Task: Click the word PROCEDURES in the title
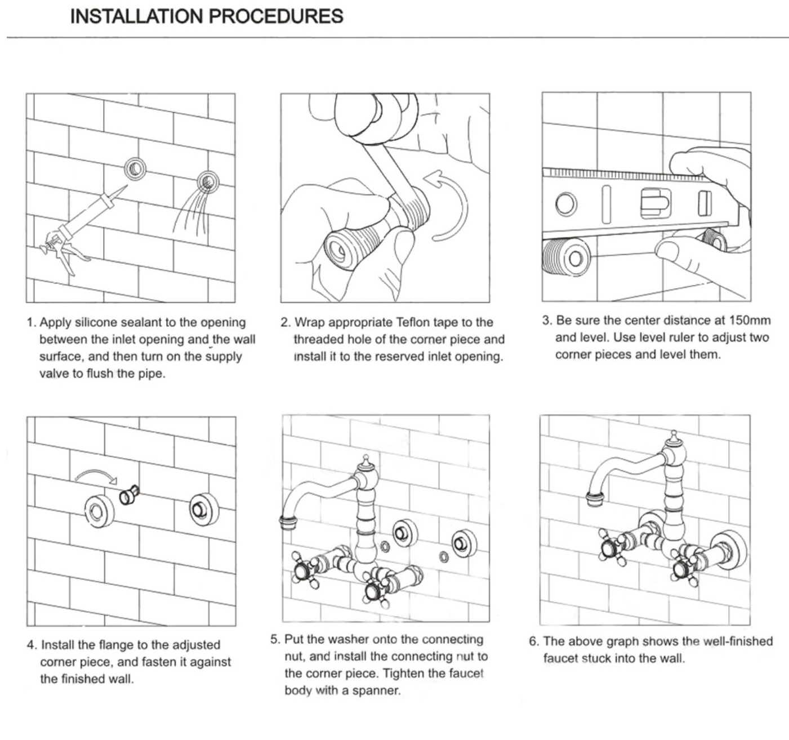coord(276,16)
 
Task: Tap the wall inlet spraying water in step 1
coord(208,181)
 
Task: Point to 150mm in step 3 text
coord(750,320)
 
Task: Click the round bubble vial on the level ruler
coord(566,203)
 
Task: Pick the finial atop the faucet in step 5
coord(366,462)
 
